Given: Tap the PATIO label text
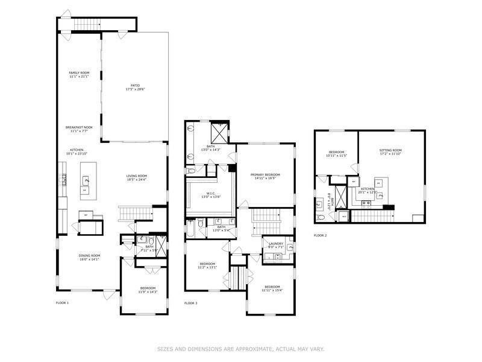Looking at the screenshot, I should (136, 86).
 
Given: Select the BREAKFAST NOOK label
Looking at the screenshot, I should (79, 127).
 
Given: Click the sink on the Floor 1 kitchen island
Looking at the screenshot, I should (86, 180).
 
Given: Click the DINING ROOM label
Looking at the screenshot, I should (89, 255).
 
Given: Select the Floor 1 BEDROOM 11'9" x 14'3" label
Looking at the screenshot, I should (148, 288).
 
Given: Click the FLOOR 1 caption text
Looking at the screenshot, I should (63, 302).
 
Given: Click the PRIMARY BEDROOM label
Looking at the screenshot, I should (265, 175).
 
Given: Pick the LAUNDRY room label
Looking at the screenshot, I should (277, 243).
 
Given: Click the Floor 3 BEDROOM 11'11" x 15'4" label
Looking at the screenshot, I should (271, 287).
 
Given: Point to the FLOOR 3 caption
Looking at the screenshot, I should (191, 302).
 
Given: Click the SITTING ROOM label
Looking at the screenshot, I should (390, 150).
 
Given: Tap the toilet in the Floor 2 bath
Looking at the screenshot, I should (320, 205).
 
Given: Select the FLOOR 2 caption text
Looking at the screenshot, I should (320, 235).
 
